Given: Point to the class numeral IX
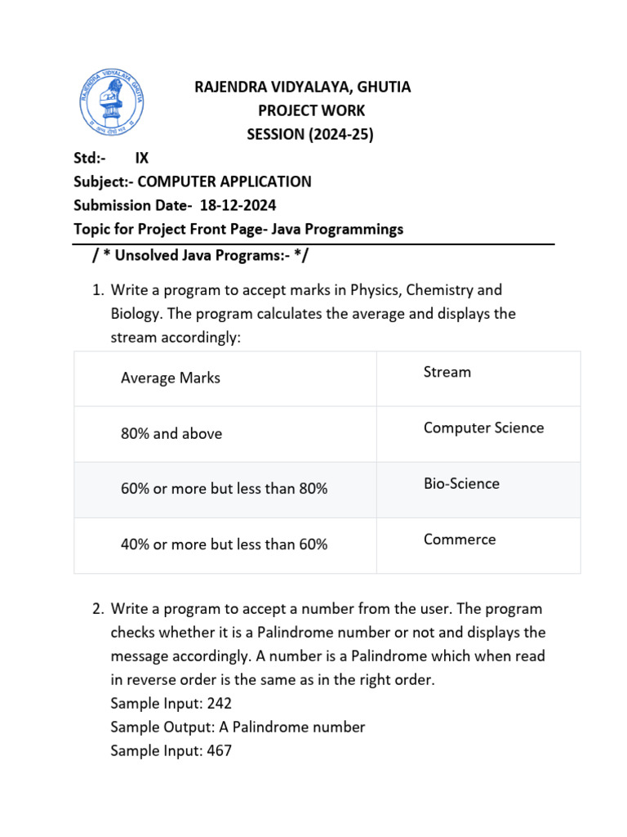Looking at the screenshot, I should point(142,159).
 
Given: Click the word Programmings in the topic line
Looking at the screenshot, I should point(359,229).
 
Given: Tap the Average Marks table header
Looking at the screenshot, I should point(170,378).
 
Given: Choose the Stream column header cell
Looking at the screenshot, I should point(447,373).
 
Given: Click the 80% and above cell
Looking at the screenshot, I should point(171,433).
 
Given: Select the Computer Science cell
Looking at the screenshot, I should point(483,428).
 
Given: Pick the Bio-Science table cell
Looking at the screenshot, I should point(461,484).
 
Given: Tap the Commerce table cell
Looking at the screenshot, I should point(460,539).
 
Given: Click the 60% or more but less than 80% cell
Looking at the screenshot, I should point(224,489).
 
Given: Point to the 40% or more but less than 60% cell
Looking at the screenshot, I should point(224,544).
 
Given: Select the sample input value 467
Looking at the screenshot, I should point(220,750).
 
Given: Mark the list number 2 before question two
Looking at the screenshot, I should point(97,609).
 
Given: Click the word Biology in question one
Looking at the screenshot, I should point(136,314).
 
